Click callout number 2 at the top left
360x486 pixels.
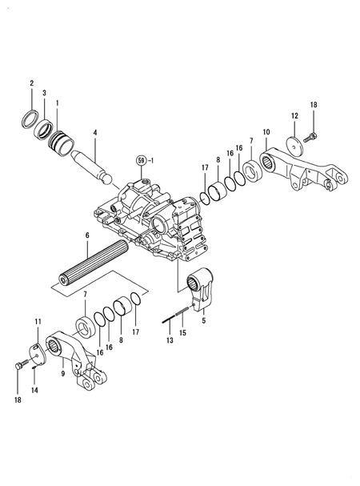click(32, 83)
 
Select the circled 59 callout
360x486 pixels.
click(142, 161)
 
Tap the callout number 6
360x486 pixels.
click(87, 237)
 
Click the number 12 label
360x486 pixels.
click(294, 117)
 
